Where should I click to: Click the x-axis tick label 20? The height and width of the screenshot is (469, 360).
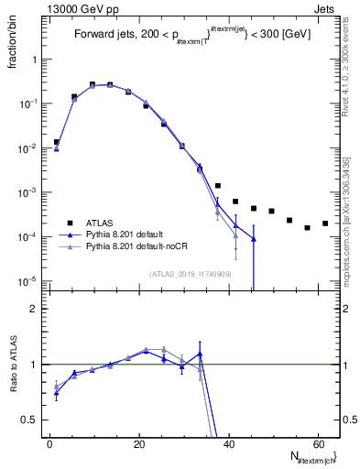pos(138,443)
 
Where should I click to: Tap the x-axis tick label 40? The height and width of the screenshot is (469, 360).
pos(228,443)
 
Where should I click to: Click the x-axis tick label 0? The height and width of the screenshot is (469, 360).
pos(49,443)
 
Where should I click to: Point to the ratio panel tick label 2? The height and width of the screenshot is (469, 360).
pos(33,309)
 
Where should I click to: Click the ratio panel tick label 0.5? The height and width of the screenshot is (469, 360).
pos(29,420)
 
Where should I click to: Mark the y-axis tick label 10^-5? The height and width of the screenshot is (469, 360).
pos(27,281)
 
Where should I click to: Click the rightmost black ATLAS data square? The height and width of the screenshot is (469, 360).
pos(325,224)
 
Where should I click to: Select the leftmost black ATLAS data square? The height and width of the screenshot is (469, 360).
pos(57,142)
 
